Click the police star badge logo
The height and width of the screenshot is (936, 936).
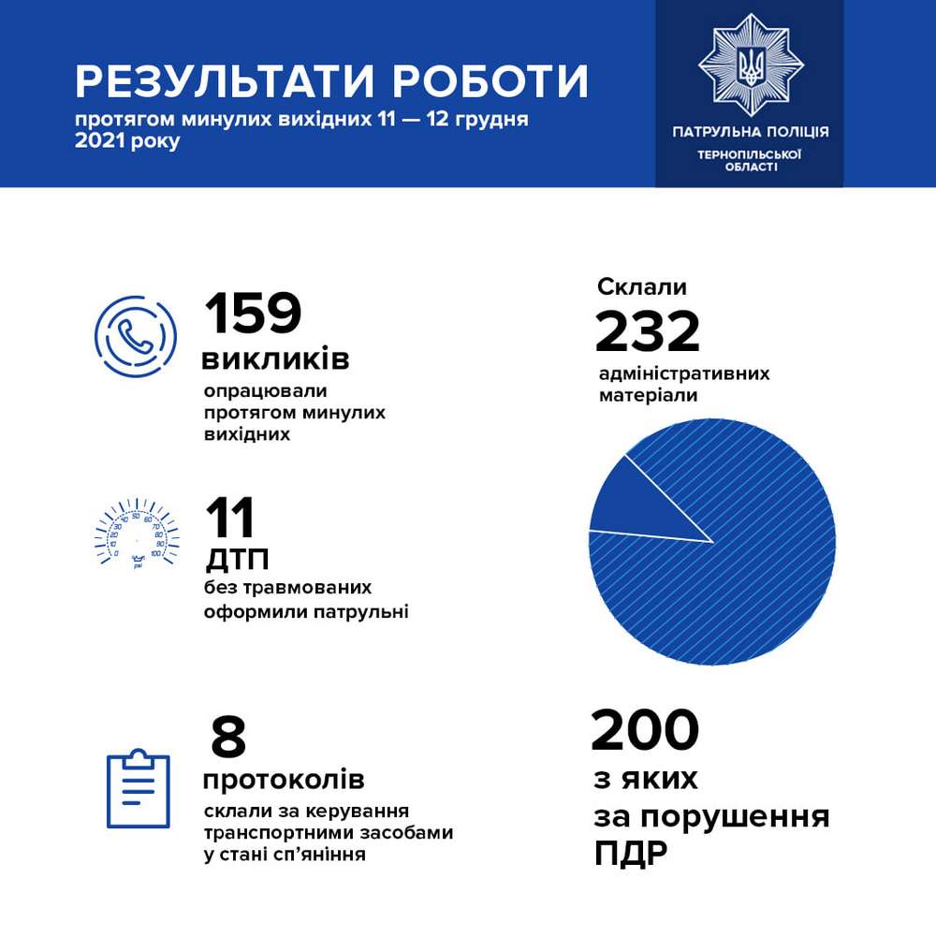pos(751,66)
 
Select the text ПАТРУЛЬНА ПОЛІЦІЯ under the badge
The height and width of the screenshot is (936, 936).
pos(751,132)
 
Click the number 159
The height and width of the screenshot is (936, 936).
pos(253,314)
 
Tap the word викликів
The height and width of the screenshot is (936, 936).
pos(276,358)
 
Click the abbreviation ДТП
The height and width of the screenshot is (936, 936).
pos(237,561)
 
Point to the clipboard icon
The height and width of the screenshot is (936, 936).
pos(138,788)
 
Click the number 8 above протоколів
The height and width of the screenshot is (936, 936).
pos(228,738)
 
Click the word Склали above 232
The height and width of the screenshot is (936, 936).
pos(642,286)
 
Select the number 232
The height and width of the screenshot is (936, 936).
pos(648,331)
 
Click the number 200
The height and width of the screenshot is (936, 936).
pos(646,731)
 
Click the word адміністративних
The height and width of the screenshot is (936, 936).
pos(684,373)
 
